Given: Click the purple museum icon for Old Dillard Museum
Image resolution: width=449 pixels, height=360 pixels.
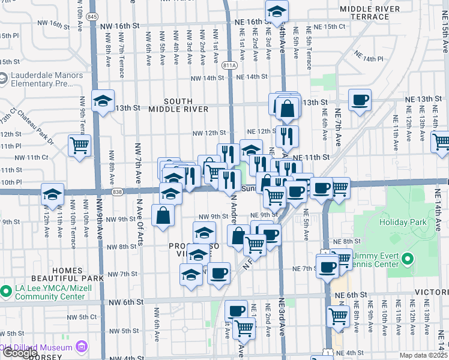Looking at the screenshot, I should click(82, 347).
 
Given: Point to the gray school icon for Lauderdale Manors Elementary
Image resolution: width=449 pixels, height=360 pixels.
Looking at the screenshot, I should click(3, 77).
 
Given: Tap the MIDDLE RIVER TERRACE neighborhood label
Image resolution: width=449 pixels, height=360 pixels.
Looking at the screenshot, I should click(369, 14).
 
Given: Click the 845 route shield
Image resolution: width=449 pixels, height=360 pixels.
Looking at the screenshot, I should click(92, 16).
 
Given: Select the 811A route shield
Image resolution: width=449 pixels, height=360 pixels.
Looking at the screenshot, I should click(229, 67).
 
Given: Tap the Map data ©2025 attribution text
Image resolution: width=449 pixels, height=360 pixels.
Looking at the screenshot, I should click(423, 355).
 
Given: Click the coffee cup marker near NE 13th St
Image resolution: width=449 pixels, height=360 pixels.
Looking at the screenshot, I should click(360, 100).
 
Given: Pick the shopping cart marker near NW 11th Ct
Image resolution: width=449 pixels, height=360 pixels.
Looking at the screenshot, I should click(79, 145).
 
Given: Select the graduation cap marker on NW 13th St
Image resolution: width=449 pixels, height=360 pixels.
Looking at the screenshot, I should click(103, 101).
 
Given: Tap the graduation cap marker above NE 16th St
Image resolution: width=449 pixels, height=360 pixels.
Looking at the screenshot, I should click(277, 11).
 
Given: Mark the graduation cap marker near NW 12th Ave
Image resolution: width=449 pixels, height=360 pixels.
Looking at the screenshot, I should click(52, 194).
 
